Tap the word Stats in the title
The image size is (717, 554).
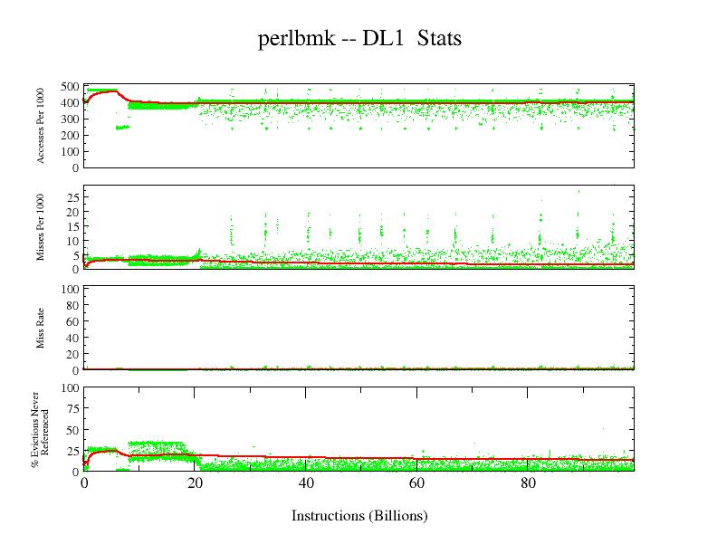coord(439,39)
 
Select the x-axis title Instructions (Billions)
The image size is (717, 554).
coord(359,516)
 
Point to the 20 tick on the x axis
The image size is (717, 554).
coord(195,483)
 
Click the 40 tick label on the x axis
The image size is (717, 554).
coord(306,483)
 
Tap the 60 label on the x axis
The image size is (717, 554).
coord(416,483)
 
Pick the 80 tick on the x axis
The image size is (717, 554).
coord(526,483)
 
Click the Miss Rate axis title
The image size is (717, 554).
coord(42,330)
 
